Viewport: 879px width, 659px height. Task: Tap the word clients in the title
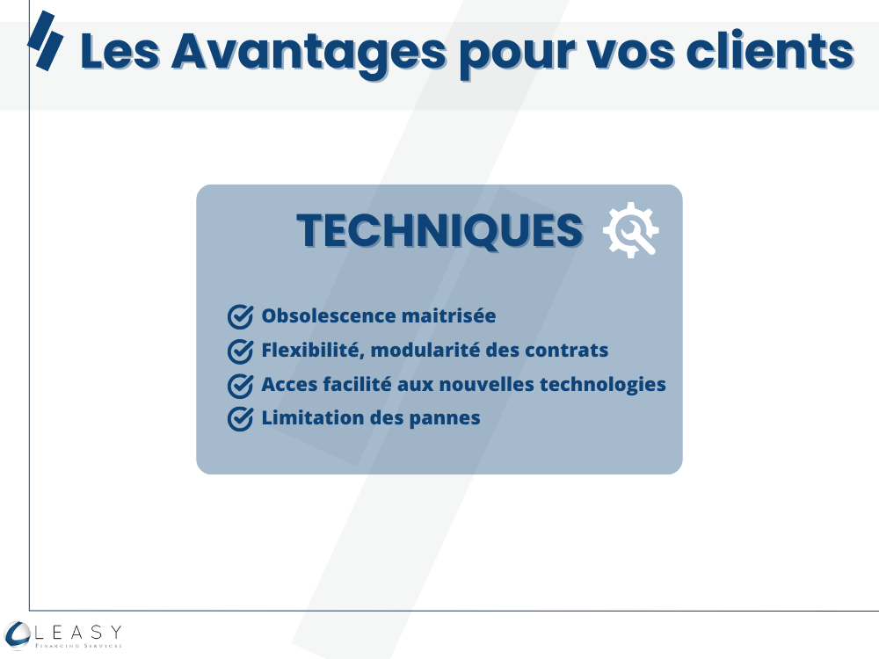pyautogui.click(x=770, y=50)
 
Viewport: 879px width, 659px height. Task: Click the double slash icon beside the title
pyautogui.click(x=46, y=41)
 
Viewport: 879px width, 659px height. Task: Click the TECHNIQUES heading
pyautogui.click(x=440, y=230)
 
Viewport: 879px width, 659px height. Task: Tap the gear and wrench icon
pyautogui.click(x=630, y=229)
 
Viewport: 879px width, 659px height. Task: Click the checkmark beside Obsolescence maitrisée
pyautogui.click(x=241, y=316)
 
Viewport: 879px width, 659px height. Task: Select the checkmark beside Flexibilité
pyautogui.click(x=241, y=351)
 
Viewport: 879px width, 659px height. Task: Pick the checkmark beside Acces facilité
pyautogui.click(x=241, y=386)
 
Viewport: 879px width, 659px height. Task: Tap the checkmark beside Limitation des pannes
pyautogui.click(x=241, y=419)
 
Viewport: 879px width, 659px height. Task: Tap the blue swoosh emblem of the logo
pyautogui.click(x=17, y=635)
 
